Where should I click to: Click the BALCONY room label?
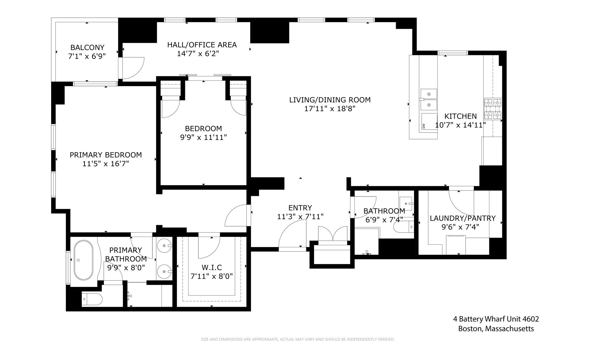click(x=87, y=47)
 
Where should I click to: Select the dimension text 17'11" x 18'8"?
click(x=330, y=109)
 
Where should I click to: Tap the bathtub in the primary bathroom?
click(x=83, y=260)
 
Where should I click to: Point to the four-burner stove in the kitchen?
click(x=492, y=109)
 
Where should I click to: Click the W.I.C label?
click(x=212, y=267)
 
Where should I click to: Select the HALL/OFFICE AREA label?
click(x=202, y=45)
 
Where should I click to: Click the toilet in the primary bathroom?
click(x=92, y=299)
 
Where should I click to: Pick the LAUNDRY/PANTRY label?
click(x=462, y=218)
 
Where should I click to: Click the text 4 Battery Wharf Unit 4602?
click(x=496, y=319)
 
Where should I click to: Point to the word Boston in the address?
click(x=470, y=329)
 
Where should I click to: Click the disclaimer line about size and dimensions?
click(x=298, y=339)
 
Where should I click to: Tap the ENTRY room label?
click(x=300, y=208)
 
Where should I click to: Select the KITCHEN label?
click(x=460, y=116)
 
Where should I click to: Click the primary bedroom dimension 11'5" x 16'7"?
click(x=106, y=164)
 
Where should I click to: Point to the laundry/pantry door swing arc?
click(x=460, y=204)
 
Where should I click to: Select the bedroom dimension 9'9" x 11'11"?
click(x=203, y=137)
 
